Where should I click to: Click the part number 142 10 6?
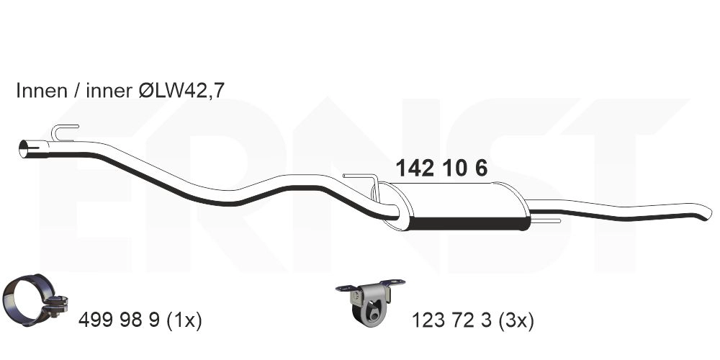click(x=441, y=168)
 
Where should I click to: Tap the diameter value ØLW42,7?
click(x=181, y=91)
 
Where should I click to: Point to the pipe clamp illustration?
click(x=35, y=300)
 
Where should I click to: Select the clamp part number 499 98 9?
click(x=119, y=320)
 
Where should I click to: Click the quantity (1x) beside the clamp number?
click(x=183, y=320)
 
